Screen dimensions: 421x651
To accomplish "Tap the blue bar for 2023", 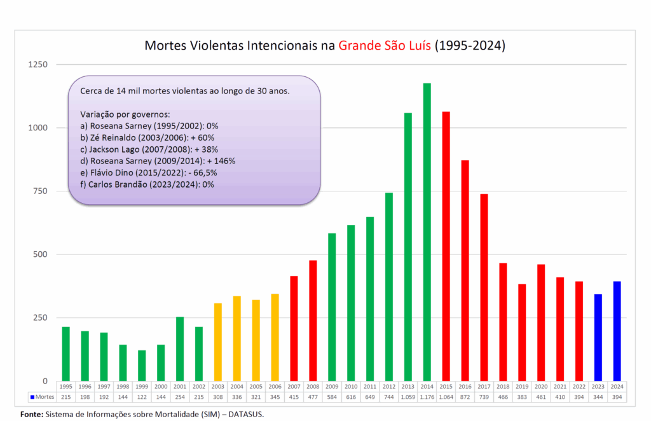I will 598,338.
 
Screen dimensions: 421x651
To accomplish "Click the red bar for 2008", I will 313,321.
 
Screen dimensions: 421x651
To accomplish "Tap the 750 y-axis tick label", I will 41,191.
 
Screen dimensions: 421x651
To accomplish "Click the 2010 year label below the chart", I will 351,386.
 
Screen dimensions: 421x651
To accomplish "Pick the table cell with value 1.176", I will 427,397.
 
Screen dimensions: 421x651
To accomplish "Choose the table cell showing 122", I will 142,397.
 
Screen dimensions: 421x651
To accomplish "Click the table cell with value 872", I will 465,397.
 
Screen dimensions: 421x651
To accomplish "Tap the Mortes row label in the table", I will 41,397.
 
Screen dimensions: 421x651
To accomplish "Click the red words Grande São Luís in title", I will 385,46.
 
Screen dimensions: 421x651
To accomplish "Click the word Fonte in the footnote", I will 32,414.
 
